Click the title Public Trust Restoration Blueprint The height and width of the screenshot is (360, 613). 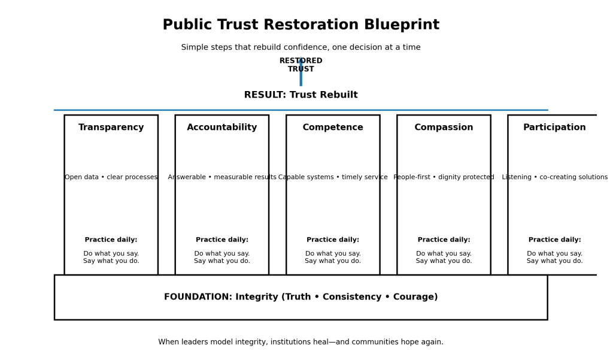(x=301, y=25)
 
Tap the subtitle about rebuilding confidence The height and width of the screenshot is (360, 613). (x=301, y=48)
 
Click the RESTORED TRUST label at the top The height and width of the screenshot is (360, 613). (x=301, y=65)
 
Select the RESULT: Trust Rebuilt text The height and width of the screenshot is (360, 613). (x=301, y=95)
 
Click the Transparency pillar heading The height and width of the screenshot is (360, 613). (x=111, y=128)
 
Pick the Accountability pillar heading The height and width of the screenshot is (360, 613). (x=222, y=128)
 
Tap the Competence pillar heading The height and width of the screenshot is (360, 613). (x=333, y=128)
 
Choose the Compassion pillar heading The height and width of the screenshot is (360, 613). (x=444, y=128)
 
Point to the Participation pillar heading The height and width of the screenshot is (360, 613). (x=554, y=128)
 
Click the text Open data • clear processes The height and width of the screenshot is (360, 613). (x=111, y=177)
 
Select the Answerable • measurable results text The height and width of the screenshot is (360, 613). (x=222, y=177)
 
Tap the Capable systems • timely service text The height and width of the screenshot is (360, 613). (x=333, y=177)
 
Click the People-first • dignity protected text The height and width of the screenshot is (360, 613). (x=444, y=177)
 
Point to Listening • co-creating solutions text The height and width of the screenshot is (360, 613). (x=554, y=177)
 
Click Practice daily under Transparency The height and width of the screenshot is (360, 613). (x=111, y=240)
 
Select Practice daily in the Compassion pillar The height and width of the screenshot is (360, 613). (x=444, y=240)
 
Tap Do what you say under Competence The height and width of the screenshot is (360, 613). (x=333, y=254)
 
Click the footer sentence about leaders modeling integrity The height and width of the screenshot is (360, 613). (x=301, y=343)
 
